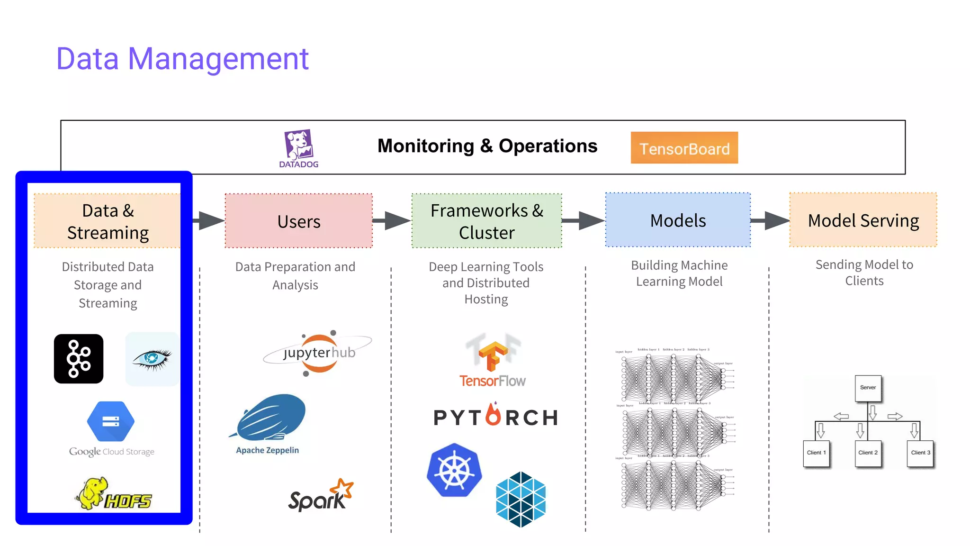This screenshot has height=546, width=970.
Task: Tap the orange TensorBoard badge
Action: (684, 148)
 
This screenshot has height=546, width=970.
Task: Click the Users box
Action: (298, 221)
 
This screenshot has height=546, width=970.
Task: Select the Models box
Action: (678, 220)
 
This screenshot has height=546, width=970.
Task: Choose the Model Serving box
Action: (863, 220)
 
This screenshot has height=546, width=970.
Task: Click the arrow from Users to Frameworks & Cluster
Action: (392, 220)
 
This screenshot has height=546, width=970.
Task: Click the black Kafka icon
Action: (79, 359)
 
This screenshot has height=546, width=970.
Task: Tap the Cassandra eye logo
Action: (152, 359)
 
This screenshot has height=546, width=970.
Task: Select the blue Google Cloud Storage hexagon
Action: (111, 421)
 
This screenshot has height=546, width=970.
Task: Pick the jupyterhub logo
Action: (318, 353)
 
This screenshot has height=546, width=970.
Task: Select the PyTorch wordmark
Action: (495, 417)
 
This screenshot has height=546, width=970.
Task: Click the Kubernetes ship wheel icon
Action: (454, 470)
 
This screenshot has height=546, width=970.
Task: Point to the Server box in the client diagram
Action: (868, 388)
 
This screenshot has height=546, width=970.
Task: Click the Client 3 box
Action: (920, 453)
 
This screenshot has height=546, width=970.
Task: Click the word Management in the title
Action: (218, 59)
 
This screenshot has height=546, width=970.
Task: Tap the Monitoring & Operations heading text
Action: (487, 146)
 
